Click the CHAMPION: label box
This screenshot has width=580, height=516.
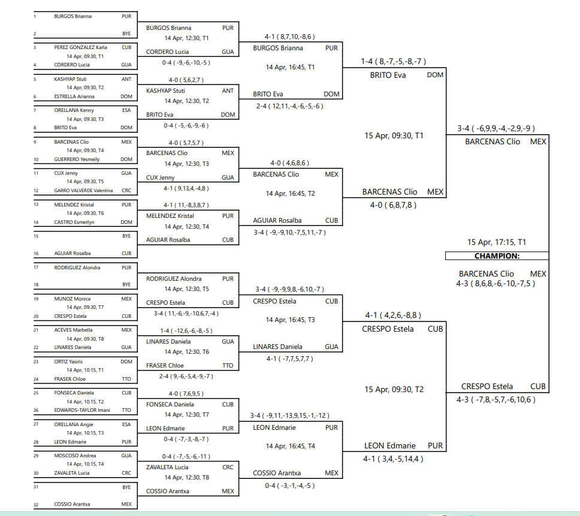[497, 256]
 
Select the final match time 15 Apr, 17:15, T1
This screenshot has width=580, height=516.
[496, 242]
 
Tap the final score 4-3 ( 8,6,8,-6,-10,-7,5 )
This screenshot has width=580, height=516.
[496, 284]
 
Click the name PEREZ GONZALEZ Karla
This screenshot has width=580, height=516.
[80, 47]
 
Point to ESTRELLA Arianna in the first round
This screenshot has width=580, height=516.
[74, 96]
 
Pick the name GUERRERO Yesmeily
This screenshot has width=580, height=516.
[77, 159]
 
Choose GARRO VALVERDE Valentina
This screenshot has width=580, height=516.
[83, 190]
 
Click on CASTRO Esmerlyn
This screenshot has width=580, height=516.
[74, 222]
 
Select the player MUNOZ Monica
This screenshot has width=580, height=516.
[72, 299]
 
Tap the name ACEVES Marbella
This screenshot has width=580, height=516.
[73, 330]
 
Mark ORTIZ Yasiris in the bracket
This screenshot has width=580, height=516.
[68, 362]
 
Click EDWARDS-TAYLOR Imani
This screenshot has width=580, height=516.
[81, 410]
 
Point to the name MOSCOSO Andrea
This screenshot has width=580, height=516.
[75, 456]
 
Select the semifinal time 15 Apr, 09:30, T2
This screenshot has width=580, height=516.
[394, 389]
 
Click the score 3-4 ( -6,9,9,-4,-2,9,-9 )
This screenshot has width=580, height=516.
[496, 128]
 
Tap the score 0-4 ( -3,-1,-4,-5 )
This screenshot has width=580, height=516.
[289, 485]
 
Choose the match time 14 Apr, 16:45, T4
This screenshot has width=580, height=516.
[290, 446]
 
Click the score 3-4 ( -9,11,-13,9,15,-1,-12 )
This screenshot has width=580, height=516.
[289, 415]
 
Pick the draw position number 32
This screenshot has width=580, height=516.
[36, 504]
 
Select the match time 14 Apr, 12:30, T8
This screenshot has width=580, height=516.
[187, 477]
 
